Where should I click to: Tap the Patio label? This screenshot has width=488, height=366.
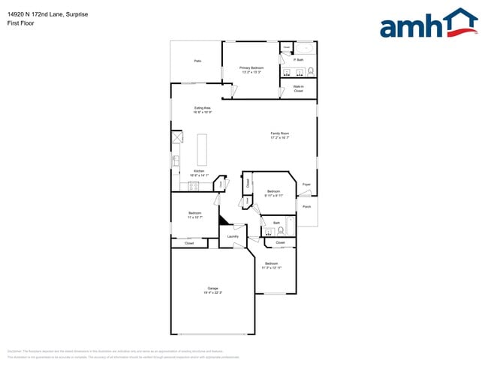pos(197,61)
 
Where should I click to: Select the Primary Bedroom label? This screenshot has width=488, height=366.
pos(251,67)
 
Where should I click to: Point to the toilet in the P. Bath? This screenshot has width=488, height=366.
pos(311,72)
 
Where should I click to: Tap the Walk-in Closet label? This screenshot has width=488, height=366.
pos(298,88)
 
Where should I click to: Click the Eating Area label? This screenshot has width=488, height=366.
pos(202,108)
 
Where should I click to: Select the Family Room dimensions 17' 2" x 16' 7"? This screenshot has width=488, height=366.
pos(280,138)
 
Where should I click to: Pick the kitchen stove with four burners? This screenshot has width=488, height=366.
pos(176,139)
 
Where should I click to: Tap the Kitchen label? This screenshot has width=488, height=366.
pos(199,171)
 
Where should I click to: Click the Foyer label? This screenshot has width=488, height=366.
pos(306,184)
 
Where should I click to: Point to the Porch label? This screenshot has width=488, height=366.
pos(306,206)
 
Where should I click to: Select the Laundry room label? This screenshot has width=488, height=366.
pos(233,237)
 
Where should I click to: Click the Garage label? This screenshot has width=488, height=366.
pos(213,288)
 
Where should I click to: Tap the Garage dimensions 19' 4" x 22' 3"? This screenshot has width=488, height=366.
pos(213,292)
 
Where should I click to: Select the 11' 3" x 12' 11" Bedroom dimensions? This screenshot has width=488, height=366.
pos(271,268)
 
